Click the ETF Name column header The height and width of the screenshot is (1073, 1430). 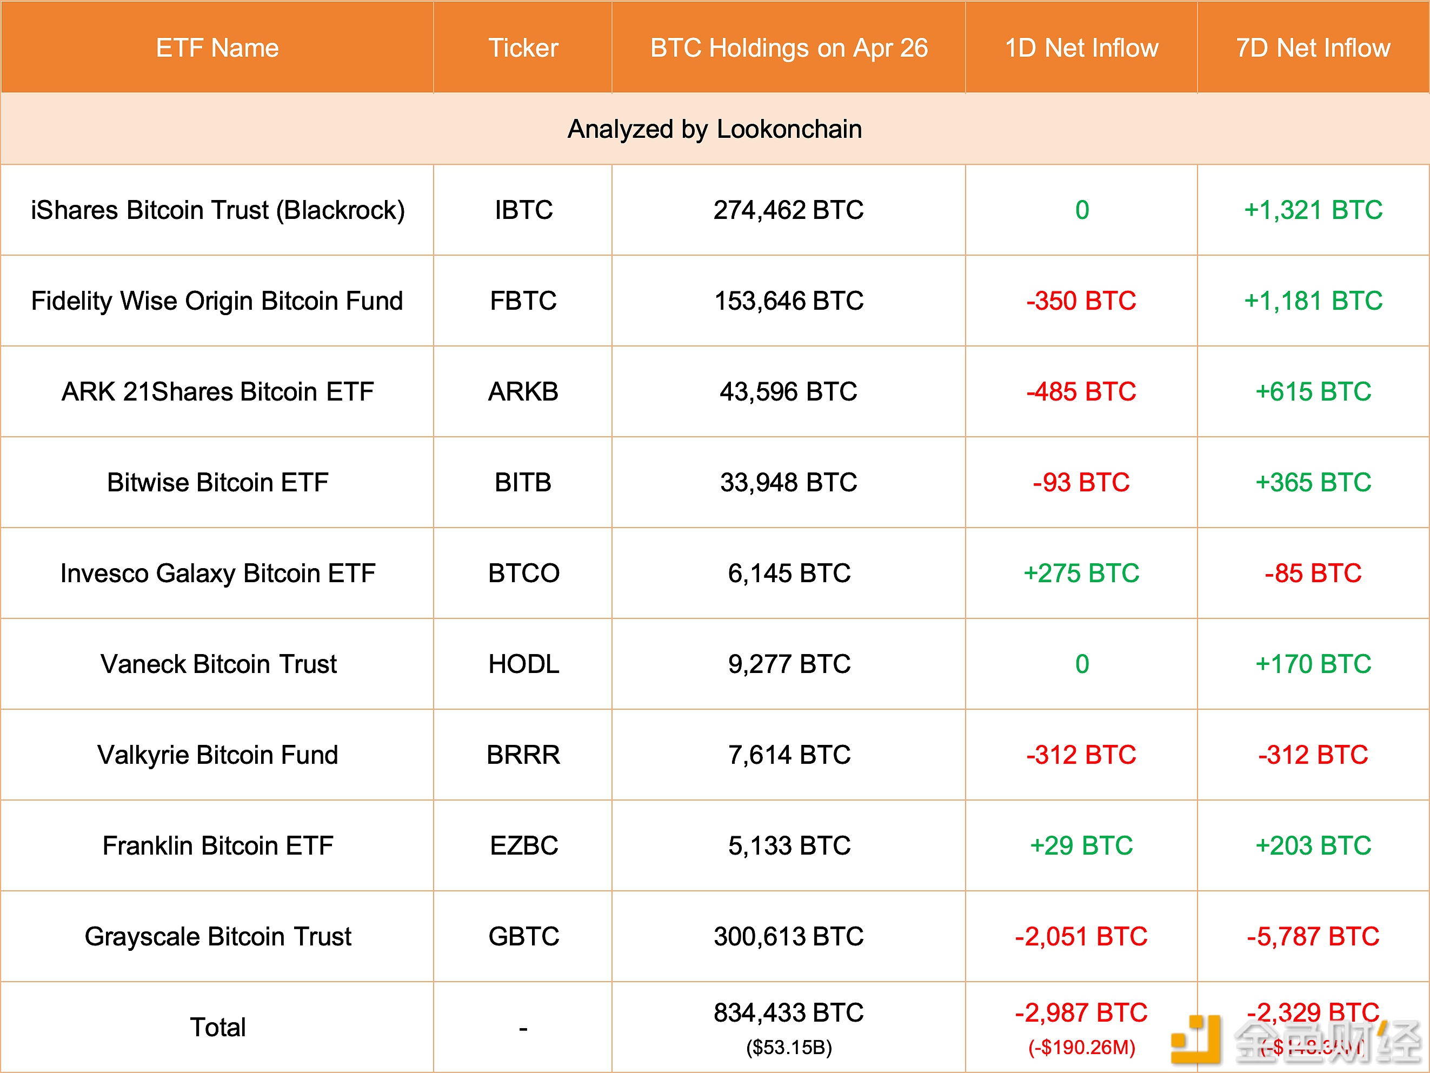pos(217,48)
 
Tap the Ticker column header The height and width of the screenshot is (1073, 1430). pos(523,48)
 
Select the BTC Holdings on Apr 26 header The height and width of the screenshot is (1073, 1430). pos(789,48)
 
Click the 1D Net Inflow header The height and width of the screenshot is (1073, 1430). pos(1081,48)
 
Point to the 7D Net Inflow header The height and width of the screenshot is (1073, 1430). pos(1313,48)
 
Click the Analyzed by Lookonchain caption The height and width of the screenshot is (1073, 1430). pos(714,129)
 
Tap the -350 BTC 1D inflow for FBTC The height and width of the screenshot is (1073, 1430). pos(1081,301)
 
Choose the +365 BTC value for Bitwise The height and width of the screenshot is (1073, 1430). pos(1313,482)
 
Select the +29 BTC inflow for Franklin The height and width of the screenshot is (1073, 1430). pos(1081,845)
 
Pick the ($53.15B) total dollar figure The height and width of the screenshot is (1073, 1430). pos(789,1047)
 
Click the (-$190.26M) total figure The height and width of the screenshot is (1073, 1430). pos(1081,1047)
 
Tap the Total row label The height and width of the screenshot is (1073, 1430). pos(218,1027)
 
